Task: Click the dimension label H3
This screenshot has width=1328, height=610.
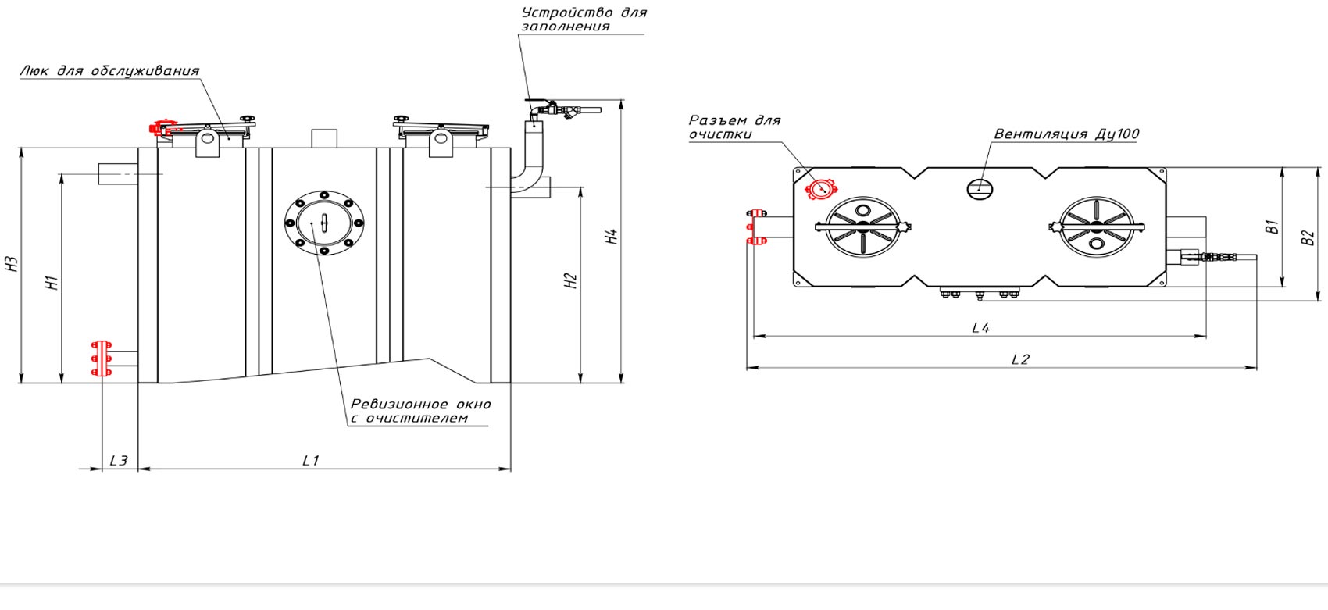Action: click(12, 264)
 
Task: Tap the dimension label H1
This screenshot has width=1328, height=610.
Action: click(52, 283)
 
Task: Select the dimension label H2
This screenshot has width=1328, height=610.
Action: click(570, 281)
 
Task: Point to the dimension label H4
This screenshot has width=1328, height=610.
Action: click(611, 237)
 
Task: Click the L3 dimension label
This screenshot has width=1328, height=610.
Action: click(119, 461)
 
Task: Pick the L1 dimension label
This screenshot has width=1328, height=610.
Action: click(311, 461)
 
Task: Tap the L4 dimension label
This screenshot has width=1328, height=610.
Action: click(980, 328)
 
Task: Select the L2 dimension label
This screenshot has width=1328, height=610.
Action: click(1020, 359)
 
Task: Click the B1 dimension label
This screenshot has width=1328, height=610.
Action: click(1273, 227)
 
